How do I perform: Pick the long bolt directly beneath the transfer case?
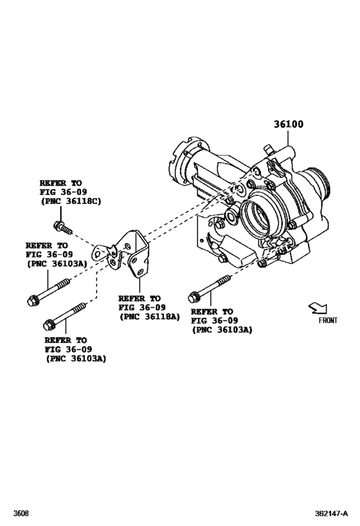pos(209,288)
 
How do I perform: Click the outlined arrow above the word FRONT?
pos(317,309)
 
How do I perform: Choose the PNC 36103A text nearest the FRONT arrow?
pos(222,329)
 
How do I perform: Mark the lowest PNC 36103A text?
pos(76,358)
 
